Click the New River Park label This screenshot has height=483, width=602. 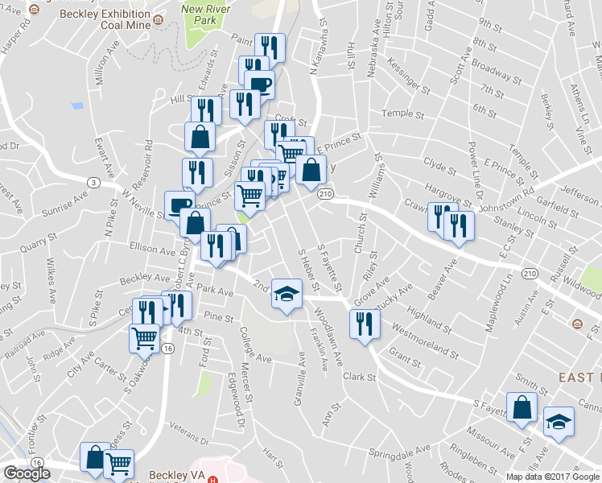[x=201, y=14]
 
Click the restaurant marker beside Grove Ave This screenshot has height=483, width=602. [x=365, y=324]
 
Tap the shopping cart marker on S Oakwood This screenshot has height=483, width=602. [x=144, y=338]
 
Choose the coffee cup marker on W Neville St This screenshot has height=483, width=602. [x=179, y=204]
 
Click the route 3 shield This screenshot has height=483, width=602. [x=94, y=183]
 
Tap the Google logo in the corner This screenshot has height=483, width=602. [x=26, y=473]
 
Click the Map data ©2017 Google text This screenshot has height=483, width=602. [x=552, y=477]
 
